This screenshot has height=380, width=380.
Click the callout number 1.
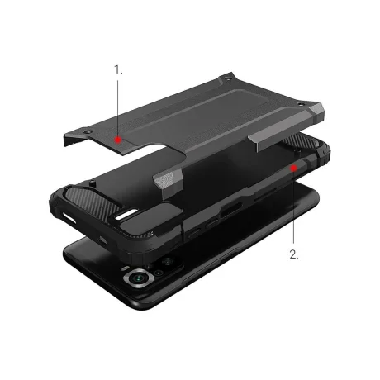click(118, 69)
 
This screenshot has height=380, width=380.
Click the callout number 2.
click(294, 254)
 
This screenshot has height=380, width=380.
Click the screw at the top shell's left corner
click(86, 131)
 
